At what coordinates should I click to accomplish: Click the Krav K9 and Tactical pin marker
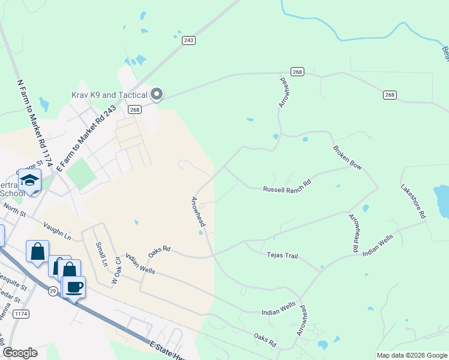pos(157,94)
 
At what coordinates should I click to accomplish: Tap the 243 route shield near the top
pos(189,40)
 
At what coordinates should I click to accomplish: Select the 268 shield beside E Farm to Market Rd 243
pos(134,109)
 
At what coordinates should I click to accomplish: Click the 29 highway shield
pos(53,290)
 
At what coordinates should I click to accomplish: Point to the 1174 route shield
pos(21,314)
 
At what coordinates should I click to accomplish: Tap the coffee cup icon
pos(74,287)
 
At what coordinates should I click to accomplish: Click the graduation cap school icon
pos(29,179)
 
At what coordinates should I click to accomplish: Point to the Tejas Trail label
pos(282,256)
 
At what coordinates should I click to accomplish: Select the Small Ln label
pos(100,254)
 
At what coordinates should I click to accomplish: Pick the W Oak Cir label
pos(117,270)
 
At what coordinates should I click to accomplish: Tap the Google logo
pos(20,353)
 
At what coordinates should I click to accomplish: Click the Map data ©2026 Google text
pos(411,355)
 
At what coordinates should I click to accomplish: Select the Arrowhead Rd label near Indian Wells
pos(354,231)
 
